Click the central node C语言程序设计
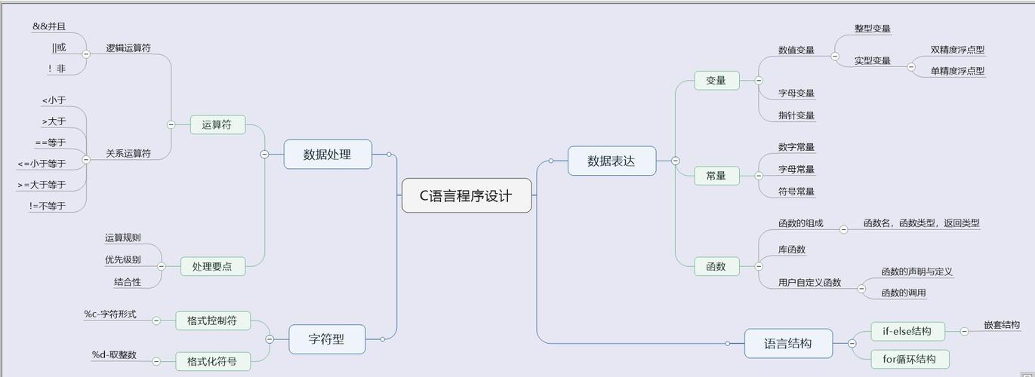coord(467,195)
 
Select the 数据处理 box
coord(328,155)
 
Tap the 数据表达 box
coord(611,161)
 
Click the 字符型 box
coord(327,339)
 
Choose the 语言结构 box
coord(788,344)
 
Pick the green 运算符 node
coord(217,125)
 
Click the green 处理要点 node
coord(213,266)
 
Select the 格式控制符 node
coord(212,320)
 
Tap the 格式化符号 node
coord(212,362)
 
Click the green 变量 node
coord(716,81)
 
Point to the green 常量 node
coord(716,176)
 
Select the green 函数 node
coord(716,266)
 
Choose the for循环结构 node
coord(909,359)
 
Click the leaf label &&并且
coord(49,26)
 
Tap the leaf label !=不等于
coord(48,206)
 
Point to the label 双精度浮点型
coord(957,50)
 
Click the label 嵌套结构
coord(1001,325)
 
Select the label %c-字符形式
coord(110,314)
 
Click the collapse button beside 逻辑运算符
coord(86,54)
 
